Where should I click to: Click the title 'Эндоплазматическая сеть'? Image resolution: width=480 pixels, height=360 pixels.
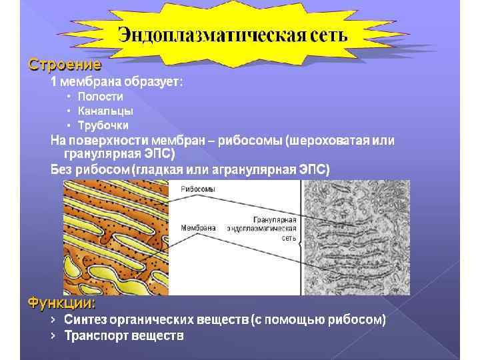coord(233,34)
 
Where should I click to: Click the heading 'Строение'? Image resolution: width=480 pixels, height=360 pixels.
coord(64,65)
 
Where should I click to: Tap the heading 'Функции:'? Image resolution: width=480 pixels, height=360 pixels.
coord(61,303)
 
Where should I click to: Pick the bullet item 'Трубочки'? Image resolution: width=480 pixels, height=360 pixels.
coord(103,125)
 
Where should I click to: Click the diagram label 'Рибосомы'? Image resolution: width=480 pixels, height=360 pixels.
coord(198,189)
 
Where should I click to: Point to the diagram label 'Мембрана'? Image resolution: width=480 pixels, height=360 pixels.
coord(198,227)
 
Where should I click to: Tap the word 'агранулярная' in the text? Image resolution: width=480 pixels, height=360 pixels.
coord(242,169)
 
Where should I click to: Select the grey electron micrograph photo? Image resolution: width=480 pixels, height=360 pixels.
coord(356,237)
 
